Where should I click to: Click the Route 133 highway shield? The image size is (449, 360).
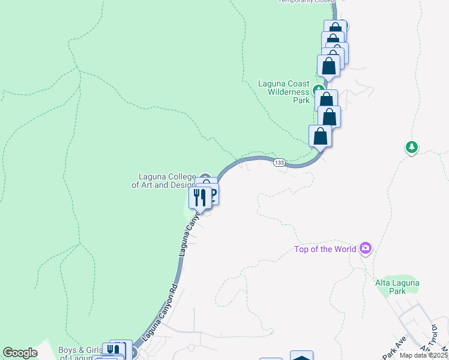tap(279, 163)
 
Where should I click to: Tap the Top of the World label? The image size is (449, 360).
tap(325, 249)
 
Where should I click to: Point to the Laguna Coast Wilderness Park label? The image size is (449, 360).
tap(284, 92)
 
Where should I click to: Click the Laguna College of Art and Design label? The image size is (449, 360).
tap(163, 181)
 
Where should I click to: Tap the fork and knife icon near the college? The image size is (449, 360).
tap(200, 197)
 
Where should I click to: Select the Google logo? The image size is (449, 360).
tap(20, 353)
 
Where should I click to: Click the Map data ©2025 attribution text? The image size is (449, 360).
tap(424, 355)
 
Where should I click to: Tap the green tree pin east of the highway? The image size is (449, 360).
tap(411, 146)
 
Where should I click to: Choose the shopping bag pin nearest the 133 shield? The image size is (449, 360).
tap(321, 136)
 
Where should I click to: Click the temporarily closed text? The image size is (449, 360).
tap(306, 1)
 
